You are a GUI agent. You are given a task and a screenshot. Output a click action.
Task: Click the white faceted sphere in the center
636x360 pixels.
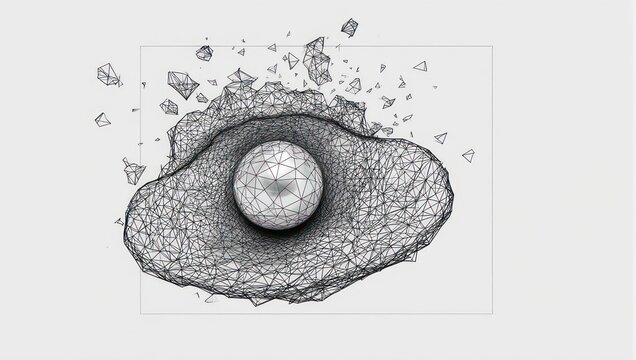278,185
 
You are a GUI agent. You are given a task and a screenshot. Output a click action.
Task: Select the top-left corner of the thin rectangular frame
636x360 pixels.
140,46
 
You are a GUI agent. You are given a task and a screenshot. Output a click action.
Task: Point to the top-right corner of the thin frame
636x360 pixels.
492,46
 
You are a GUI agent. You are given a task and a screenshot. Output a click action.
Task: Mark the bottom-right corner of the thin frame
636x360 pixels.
492,314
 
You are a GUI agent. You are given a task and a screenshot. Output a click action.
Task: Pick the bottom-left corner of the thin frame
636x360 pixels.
140,314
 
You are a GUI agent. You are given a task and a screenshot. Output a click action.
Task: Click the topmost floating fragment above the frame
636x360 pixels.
349,27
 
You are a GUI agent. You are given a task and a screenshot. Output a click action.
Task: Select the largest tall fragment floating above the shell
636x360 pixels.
317,62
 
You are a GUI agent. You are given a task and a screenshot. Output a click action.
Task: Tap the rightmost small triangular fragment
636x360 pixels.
468,155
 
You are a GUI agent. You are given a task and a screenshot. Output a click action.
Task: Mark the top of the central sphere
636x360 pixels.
278,142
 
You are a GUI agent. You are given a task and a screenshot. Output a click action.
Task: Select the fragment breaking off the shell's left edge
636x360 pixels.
133,171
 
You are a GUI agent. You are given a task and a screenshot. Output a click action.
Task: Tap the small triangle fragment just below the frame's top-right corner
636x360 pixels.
420,66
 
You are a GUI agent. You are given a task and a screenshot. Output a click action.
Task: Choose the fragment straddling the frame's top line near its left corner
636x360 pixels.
204,52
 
